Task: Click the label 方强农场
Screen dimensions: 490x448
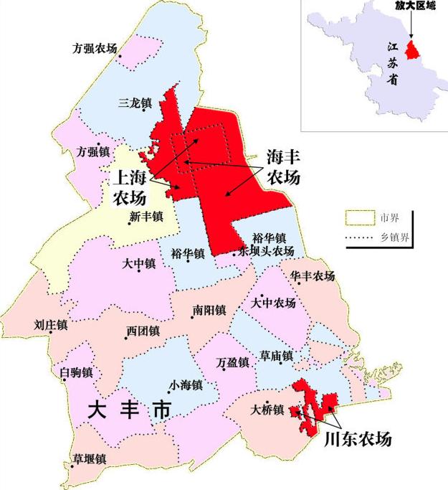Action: [x=95, y=50]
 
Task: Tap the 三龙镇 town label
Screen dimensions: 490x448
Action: [x=134, y=103]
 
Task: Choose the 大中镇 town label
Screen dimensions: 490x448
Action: [x=139, y=264]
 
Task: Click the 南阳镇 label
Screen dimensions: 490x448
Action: [x=209, y=311]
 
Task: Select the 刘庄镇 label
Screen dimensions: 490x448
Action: [x=50, y=325]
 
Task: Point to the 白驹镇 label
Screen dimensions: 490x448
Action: [x=77, y=372]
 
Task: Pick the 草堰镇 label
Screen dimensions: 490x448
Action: [x=89, y=458]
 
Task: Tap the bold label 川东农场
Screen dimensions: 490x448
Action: [x=358, y=438]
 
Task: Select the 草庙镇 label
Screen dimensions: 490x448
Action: [x=276, y=356]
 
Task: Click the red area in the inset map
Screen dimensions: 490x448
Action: [x=411, y=50]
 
